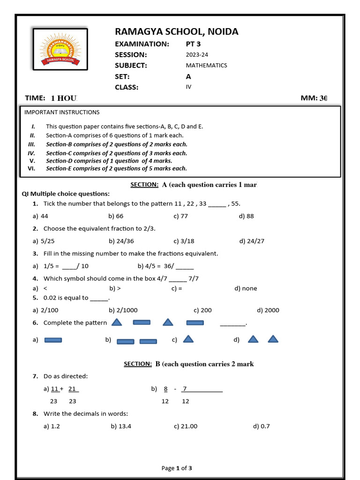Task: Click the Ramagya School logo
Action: pyautogui.click(x=60, y=50)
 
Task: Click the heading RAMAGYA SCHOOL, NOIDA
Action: pyautogui.click(x=177, y=32)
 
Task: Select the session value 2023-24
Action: pyautogui.click(x=197, y=55)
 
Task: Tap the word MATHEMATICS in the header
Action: pyautogui.click(x=206, y=66)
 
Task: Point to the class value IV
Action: pyautogui.click(x=188, y=87)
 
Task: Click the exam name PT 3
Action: pyautogui.click(x=195, y=44)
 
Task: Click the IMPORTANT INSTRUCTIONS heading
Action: pyautogui.click(x=62, y=112)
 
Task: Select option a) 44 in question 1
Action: pyautogui.click(x=41, y=216)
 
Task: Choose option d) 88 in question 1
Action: pyautogui.click(x=247, y=216)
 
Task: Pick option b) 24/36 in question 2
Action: pyautogui.click(x=121, y=241)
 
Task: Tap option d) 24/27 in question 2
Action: pyautogui.click(x=252, y=241)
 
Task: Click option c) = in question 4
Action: pyautogui.click(x=177, y=289)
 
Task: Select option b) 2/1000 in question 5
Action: pyautogui.click(x=123, y=310)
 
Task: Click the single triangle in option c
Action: pyautogui.click(x=188, y=339)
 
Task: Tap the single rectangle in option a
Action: pyautogui.click(x=53, y=340)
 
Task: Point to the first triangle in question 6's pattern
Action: pyautogui.click(x=117, y=322)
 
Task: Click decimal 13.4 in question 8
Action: pyautogui.click(x=124, y=426)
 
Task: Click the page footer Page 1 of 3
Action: pyautogui.click(x=177, y=468)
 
